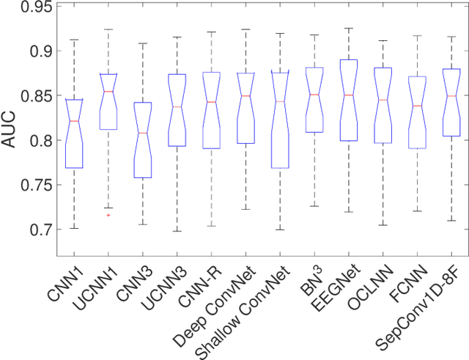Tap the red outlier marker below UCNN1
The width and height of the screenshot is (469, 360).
(x=108, y=216)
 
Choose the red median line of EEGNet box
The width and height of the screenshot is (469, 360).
(x=349, y=95)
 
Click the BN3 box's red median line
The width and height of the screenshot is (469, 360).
(x=314, y=95)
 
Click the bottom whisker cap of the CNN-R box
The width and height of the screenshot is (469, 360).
(x=211, y=226)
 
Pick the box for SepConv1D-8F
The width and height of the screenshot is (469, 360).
(x=452, y=103)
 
